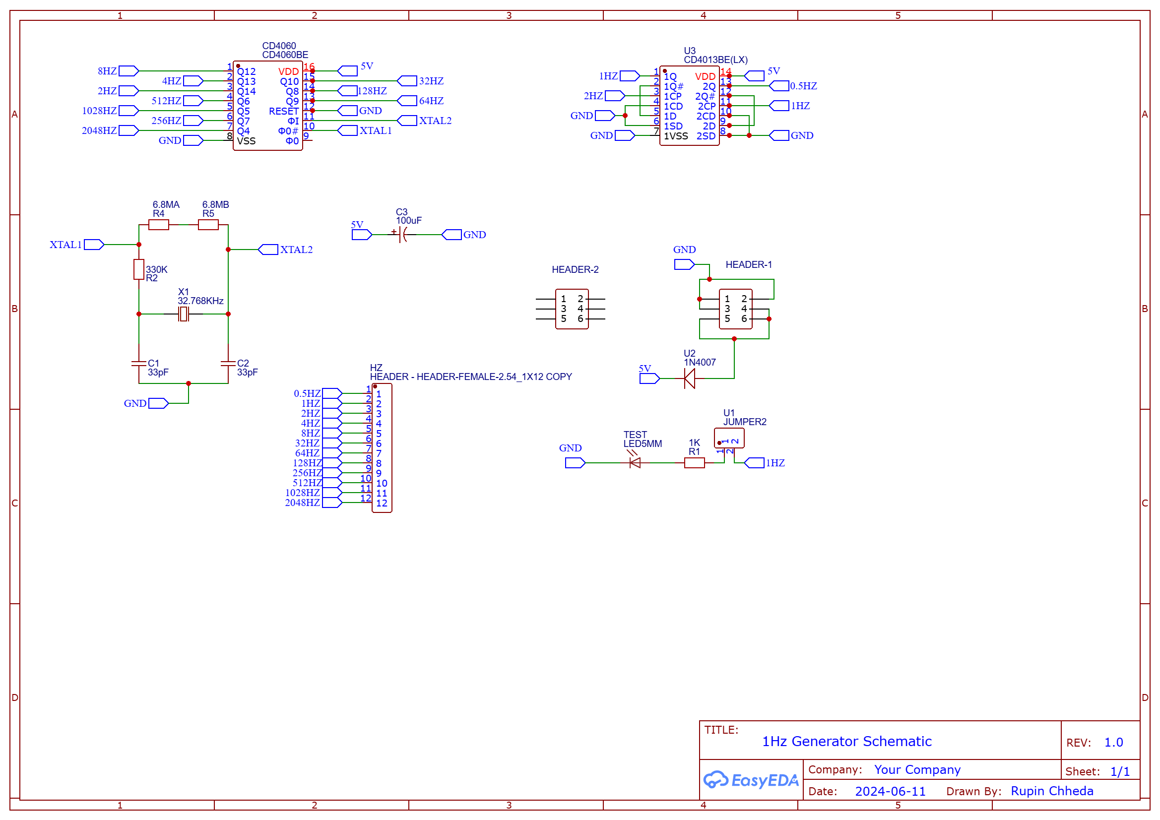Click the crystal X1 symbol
tap(184, 314)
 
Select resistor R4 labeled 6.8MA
tap(159, 225)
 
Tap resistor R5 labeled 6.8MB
tap(208, 225)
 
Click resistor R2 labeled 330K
tap(139, 269)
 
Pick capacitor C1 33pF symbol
tap(139, 364)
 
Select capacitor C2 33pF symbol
tap(228, 364)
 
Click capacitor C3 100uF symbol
tap(403, 235)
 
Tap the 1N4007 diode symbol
tap(690, 378)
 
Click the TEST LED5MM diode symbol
tap(635, 463)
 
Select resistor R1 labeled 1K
tap(695, 463)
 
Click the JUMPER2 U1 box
tap(729, 438)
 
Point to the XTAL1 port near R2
tap(94, 245)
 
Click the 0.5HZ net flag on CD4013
tap(779, 86)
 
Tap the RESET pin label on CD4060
tap(283, 111)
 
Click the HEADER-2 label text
tap(575, 269)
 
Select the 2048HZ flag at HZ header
tap(332, 503)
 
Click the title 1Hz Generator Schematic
tap(847, 741)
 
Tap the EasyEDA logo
tap(751, 780)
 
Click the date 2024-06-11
tap(890, 791)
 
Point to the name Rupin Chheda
tap(1052, 791)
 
